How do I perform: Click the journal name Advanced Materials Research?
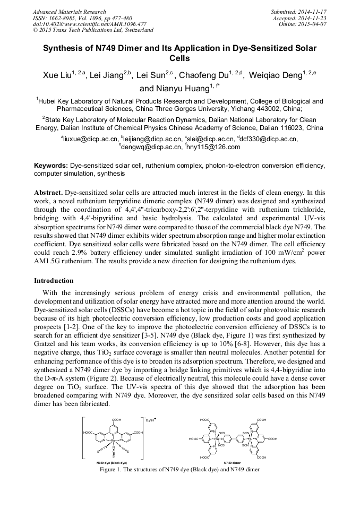(x=69, y=12)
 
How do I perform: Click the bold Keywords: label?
(x=51, y=166)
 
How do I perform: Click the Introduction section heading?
(x=54, y=280)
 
